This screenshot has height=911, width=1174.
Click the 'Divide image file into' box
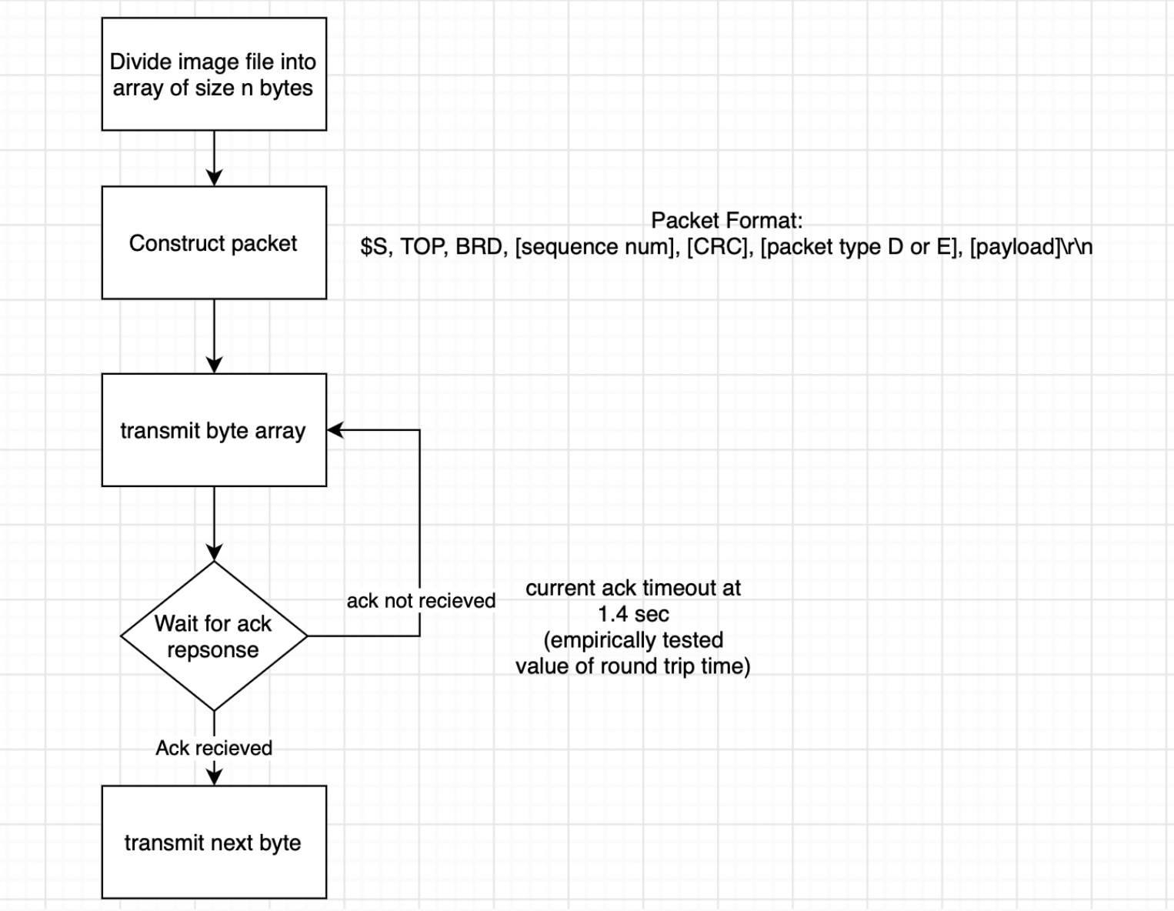point(214,74)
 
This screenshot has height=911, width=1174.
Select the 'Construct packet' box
point(214,242)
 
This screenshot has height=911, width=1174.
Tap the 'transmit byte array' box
point(214,430)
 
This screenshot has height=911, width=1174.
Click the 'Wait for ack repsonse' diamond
point(214,636)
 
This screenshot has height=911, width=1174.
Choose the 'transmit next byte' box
point(214,843)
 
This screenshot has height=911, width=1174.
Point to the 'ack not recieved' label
point(421,601)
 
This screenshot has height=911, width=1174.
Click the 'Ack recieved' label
point(214,748)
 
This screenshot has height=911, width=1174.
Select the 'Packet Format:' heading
point(727,221)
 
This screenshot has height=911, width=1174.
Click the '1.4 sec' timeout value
point(633,614)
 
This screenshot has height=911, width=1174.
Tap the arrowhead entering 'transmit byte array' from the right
point(335,430)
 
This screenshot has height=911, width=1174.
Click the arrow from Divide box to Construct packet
point(214,159)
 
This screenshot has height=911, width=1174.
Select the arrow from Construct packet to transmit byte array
point(214,336)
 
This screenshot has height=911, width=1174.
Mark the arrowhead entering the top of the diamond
point(214,552)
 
